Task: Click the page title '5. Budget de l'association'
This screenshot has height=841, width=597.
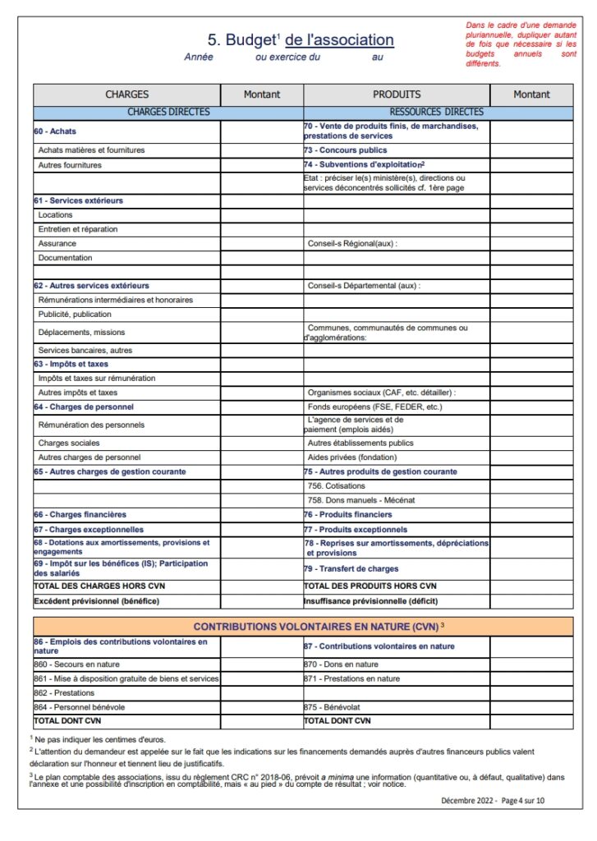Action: [301, 40]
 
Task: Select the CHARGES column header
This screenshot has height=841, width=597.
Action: [127, 94]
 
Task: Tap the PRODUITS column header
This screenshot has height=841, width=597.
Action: [397, 94]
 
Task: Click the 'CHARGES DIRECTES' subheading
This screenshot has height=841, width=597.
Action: [168, 112]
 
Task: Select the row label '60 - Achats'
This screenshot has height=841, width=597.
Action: [55, 131]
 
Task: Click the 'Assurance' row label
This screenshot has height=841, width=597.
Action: [57, 243]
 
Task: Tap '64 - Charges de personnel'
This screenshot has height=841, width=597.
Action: [84, 407]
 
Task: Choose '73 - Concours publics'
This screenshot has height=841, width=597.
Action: [346, 150]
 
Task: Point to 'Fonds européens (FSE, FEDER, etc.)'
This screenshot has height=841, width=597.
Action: [374, 407]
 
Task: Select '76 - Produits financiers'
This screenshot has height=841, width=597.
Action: [347, 514]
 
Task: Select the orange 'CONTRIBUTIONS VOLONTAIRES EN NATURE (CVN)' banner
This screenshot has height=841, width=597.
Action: [303, 627]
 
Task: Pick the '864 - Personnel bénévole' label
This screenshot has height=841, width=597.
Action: [80, 706]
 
